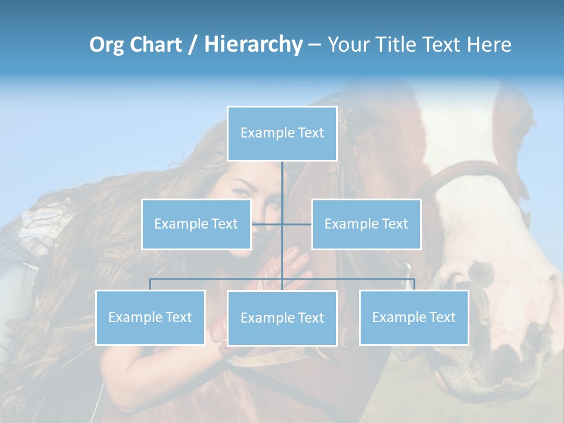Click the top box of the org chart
282,133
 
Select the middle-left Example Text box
196,224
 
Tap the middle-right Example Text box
366,224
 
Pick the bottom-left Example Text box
150,317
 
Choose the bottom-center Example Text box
282,318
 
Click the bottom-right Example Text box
414,317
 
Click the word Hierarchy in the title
253,45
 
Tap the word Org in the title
106,45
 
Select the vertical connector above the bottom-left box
150,284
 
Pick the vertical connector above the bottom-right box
414,284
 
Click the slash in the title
193,45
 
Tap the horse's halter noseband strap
464,170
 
